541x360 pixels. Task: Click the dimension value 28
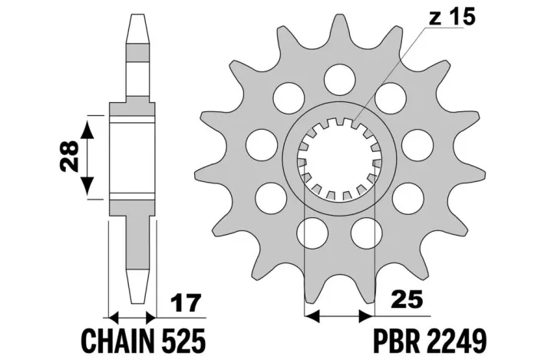[69, 156]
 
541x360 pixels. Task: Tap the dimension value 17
[186, 302]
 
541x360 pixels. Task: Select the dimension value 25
[407, 299]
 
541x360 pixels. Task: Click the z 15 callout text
[452, 17]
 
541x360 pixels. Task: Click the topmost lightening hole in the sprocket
[340, 79]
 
